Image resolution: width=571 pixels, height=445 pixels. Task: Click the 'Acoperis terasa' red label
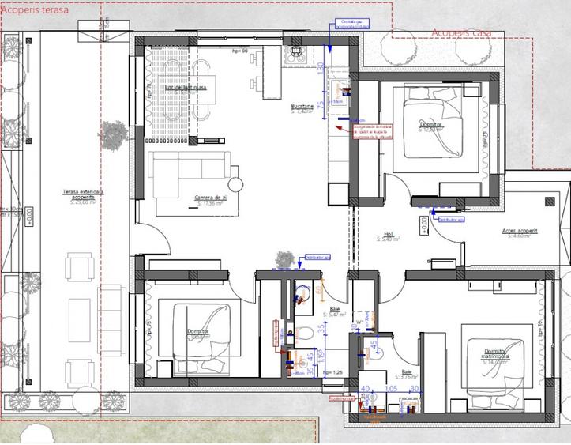pos(35,10)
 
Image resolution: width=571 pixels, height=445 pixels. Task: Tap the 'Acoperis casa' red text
pos(462,32)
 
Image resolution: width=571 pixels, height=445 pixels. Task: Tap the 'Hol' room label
pos(388,235)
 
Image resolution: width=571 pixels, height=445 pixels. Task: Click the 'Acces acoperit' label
pos(519,232)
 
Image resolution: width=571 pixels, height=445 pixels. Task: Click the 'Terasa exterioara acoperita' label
pos(82,194)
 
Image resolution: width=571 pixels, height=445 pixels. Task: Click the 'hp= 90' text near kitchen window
pos(240,50)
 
